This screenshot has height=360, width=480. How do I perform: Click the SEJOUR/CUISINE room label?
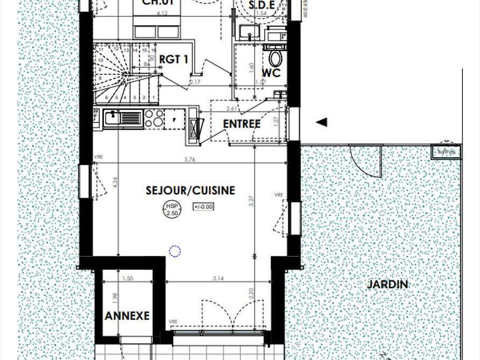[190, 190]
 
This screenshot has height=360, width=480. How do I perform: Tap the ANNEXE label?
[126, 316]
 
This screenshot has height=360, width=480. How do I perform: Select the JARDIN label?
[387, 284]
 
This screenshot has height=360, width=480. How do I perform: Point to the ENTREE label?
[242, 124]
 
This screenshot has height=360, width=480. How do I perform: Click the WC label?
[271, 73]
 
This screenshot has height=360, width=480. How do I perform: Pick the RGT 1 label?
[174, 59]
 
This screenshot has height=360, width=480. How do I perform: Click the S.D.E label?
[263, 5]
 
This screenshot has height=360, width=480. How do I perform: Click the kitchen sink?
[123, 117]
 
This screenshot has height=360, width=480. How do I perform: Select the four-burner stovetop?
[154, 118]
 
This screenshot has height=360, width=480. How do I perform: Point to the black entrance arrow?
[321, 123]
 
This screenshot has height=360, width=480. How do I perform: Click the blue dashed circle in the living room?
[174, 251]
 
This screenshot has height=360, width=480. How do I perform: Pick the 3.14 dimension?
[217, 278]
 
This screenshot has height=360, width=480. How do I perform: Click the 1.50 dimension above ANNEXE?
[128, 278]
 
